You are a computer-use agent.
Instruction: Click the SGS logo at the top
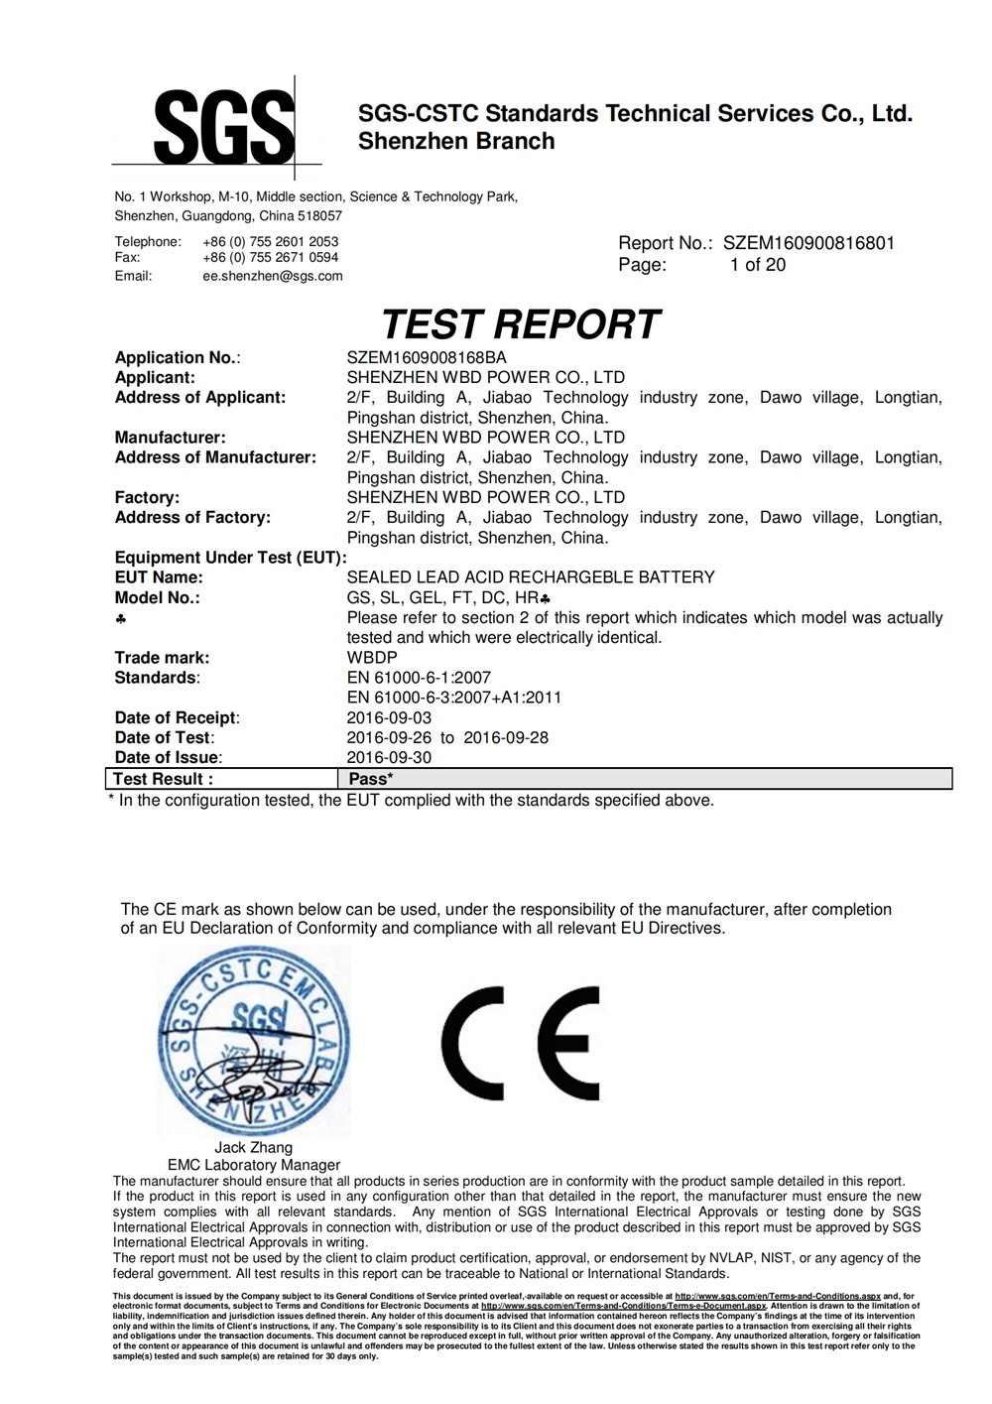pos(224,127)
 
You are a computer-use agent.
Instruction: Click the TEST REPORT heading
pos(520,324)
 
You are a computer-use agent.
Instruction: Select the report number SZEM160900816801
pos(808,243)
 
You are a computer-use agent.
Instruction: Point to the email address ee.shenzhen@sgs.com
pos(273,276)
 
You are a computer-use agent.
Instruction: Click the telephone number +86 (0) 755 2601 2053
pos(271,241)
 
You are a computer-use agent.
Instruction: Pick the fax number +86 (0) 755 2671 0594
pos(271,257)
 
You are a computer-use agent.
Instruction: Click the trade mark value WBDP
pos(372,658)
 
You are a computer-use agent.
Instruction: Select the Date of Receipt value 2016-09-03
pos(389,717)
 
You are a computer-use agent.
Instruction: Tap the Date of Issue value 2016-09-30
pos(389,757)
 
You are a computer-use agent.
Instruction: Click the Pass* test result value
pos(371,779)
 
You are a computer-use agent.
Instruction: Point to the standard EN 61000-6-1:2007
pos(419,678)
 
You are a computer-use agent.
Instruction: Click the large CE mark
pos(521,1037)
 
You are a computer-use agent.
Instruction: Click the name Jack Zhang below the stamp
pos(254,1148)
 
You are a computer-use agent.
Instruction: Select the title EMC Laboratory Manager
pos(254,1165)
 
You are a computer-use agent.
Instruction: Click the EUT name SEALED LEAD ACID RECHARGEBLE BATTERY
pos(531,577)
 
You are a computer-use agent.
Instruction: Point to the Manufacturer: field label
pos(170,438)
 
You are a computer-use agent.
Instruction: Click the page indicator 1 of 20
pos(758,265)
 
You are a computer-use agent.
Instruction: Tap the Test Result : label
pos(163,779)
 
